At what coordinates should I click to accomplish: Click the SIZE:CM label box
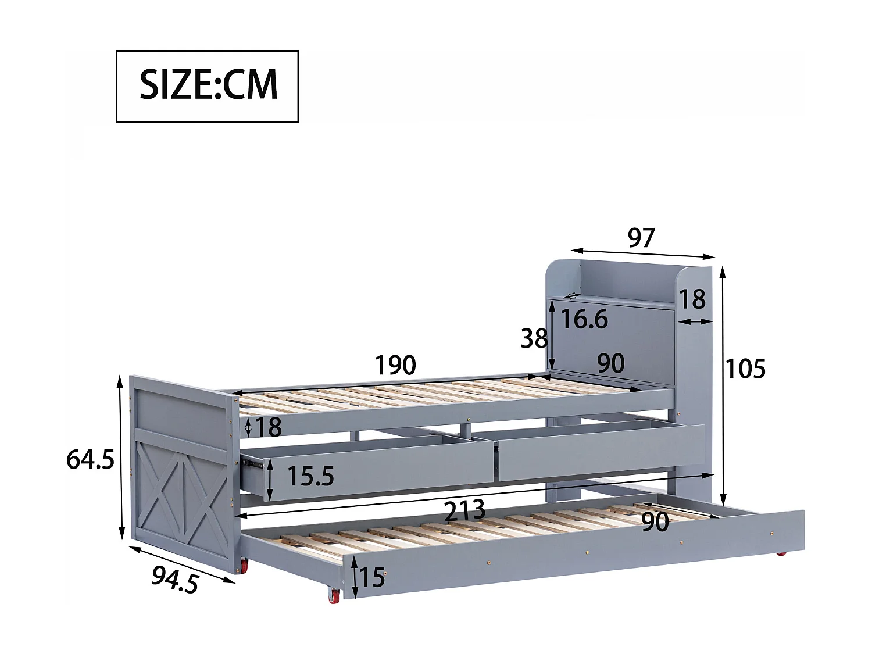click(x=207, y=86)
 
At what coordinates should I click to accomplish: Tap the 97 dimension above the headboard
click(x=641, y=238)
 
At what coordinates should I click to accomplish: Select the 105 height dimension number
click(x=746, y=369)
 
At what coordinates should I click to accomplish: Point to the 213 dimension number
click(x=464, y=511)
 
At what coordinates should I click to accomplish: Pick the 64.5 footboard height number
click(x=90, y=459)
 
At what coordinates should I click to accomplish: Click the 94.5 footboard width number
click(x=175, y=580)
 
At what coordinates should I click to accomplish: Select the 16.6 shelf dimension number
click(x=584, y=319)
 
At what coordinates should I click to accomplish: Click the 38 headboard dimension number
click(x=534, y=338)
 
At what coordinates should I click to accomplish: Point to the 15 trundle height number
click(x=373, y=577)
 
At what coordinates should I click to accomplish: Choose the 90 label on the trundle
click(x=655, y=521)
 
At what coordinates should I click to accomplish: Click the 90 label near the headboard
click(x=611, y=364)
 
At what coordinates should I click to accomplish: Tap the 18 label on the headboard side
click(x=692, y=299)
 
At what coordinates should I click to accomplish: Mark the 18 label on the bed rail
click(x=268, y=427)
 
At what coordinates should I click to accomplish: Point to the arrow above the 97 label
click(x=642, y=253)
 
